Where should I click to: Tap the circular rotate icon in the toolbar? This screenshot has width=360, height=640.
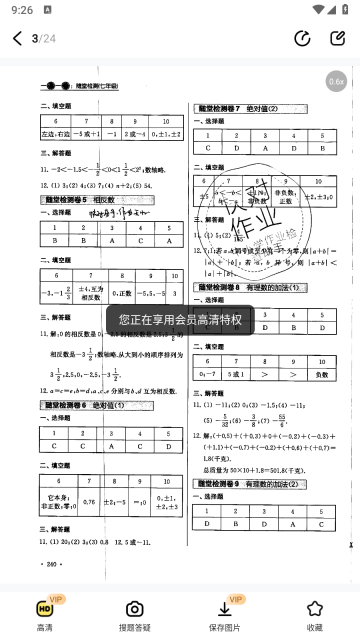(302, 39)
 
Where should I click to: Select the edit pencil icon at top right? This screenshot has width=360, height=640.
(337, 39)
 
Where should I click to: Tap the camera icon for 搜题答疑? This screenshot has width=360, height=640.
(134, 609)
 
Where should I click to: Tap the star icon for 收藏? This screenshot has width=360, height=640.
(315, 609)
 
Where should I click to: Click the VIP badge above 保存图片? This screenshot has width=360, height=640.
(237, 599)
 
